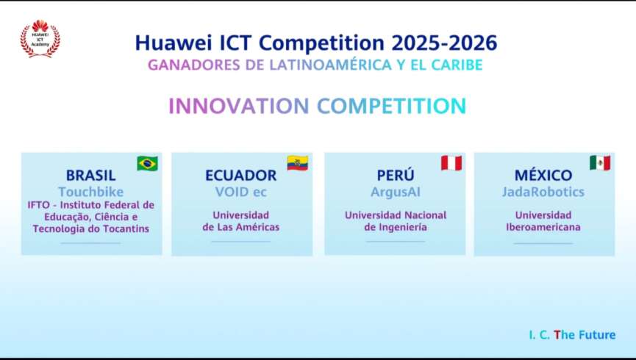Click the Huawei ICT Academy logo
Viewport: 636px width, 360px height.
tap(40, 38)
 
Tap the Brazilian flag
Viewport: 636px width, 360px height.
tap(147, 163)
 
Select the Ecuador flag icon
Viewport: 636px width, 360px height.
tap(297, 163)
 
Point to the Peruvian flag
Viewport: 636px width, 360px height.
tap(451, 163)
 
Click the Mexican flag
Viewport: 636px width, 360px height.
tap(600, 163)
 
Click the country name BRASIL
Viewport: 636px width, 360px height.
tap(91, 176)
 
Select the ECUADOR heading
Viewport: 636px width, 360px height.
tap(241, 176)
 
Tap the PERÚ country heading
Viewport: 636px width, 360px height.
tap(396, 175)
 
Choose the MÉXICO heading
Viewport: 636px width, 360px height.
tap(543, 175)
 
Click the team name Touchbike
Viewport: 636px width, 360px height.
tap(91, 192)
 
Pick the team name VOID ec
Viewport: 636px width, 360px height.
tap(241, 192)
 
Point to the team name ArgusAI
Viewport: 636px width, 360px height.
tap(396, 192)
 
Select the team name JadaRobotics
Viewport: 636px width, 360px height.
tap(543, 192)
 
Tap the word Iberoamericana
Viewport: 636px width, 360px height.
tap(543, 227)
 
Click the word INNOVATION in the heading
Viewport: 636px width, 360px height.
tap(239, 106)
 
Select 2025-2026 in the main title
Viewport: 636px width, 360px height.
tap(445, 43)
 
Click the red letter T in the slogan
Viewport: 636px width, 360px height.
tap(557, 335)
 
